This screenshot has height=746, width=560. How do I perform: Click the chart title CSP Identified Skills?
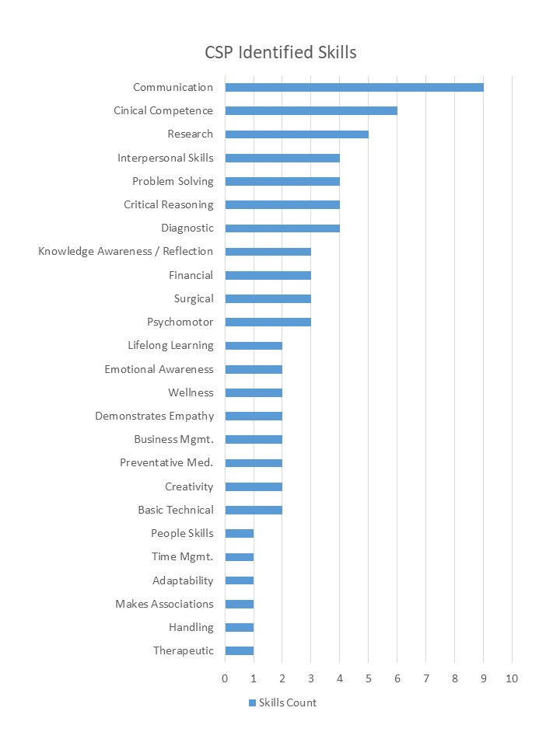[x=280, y=53]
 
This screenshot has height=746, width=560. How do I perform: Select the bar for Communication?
[x=354, y=87]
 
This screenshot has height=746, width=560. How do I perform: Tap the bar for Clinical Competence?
[x=311, y=110]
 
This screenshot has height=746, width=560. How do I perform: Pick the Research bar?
[x=296, y=134]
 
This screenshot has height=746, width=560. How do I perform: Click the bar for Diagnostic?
[x=282, y=228]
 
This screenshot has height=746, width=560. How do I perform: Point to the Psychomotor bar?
[x=268, y=322]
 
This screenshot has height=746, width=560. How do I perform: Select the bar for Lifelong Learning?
[x=254, y=346]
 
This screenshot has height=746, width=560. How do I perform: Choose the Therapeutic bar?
[x=239, y=650]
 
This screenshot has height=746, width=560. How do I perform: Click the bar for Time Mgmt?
[x=239, y=556]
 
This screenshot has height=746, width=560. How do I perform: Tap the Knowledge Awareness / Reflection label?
[x=126, y=251]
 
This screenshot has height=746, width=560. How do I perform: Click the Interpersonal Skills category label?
[x=166, y=158]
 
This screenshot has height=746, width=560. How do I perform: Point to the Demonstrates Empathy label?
[x=154, y=416]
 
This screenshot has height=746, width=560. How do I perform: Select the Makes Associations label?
[x=164, y=604]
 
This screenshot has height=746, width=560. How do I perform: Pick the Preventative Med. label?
[x=166, y=462]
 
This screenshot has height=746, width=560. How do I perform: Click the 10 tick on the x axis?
[x=511, y=678]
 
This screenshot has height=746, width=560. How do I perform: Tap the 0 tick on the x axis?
[x=225, y=678]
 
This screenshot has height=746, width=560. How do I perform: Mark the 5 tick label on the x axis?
[x=369, y=678]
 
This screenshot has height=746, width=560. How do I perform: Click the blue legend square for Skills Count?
[x=252, y=703]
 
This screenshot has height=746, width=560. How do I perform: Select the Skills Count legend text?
[x=288, y=703]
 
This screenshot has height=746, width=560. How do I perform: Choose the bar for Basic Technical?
[x=254, y=510]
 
